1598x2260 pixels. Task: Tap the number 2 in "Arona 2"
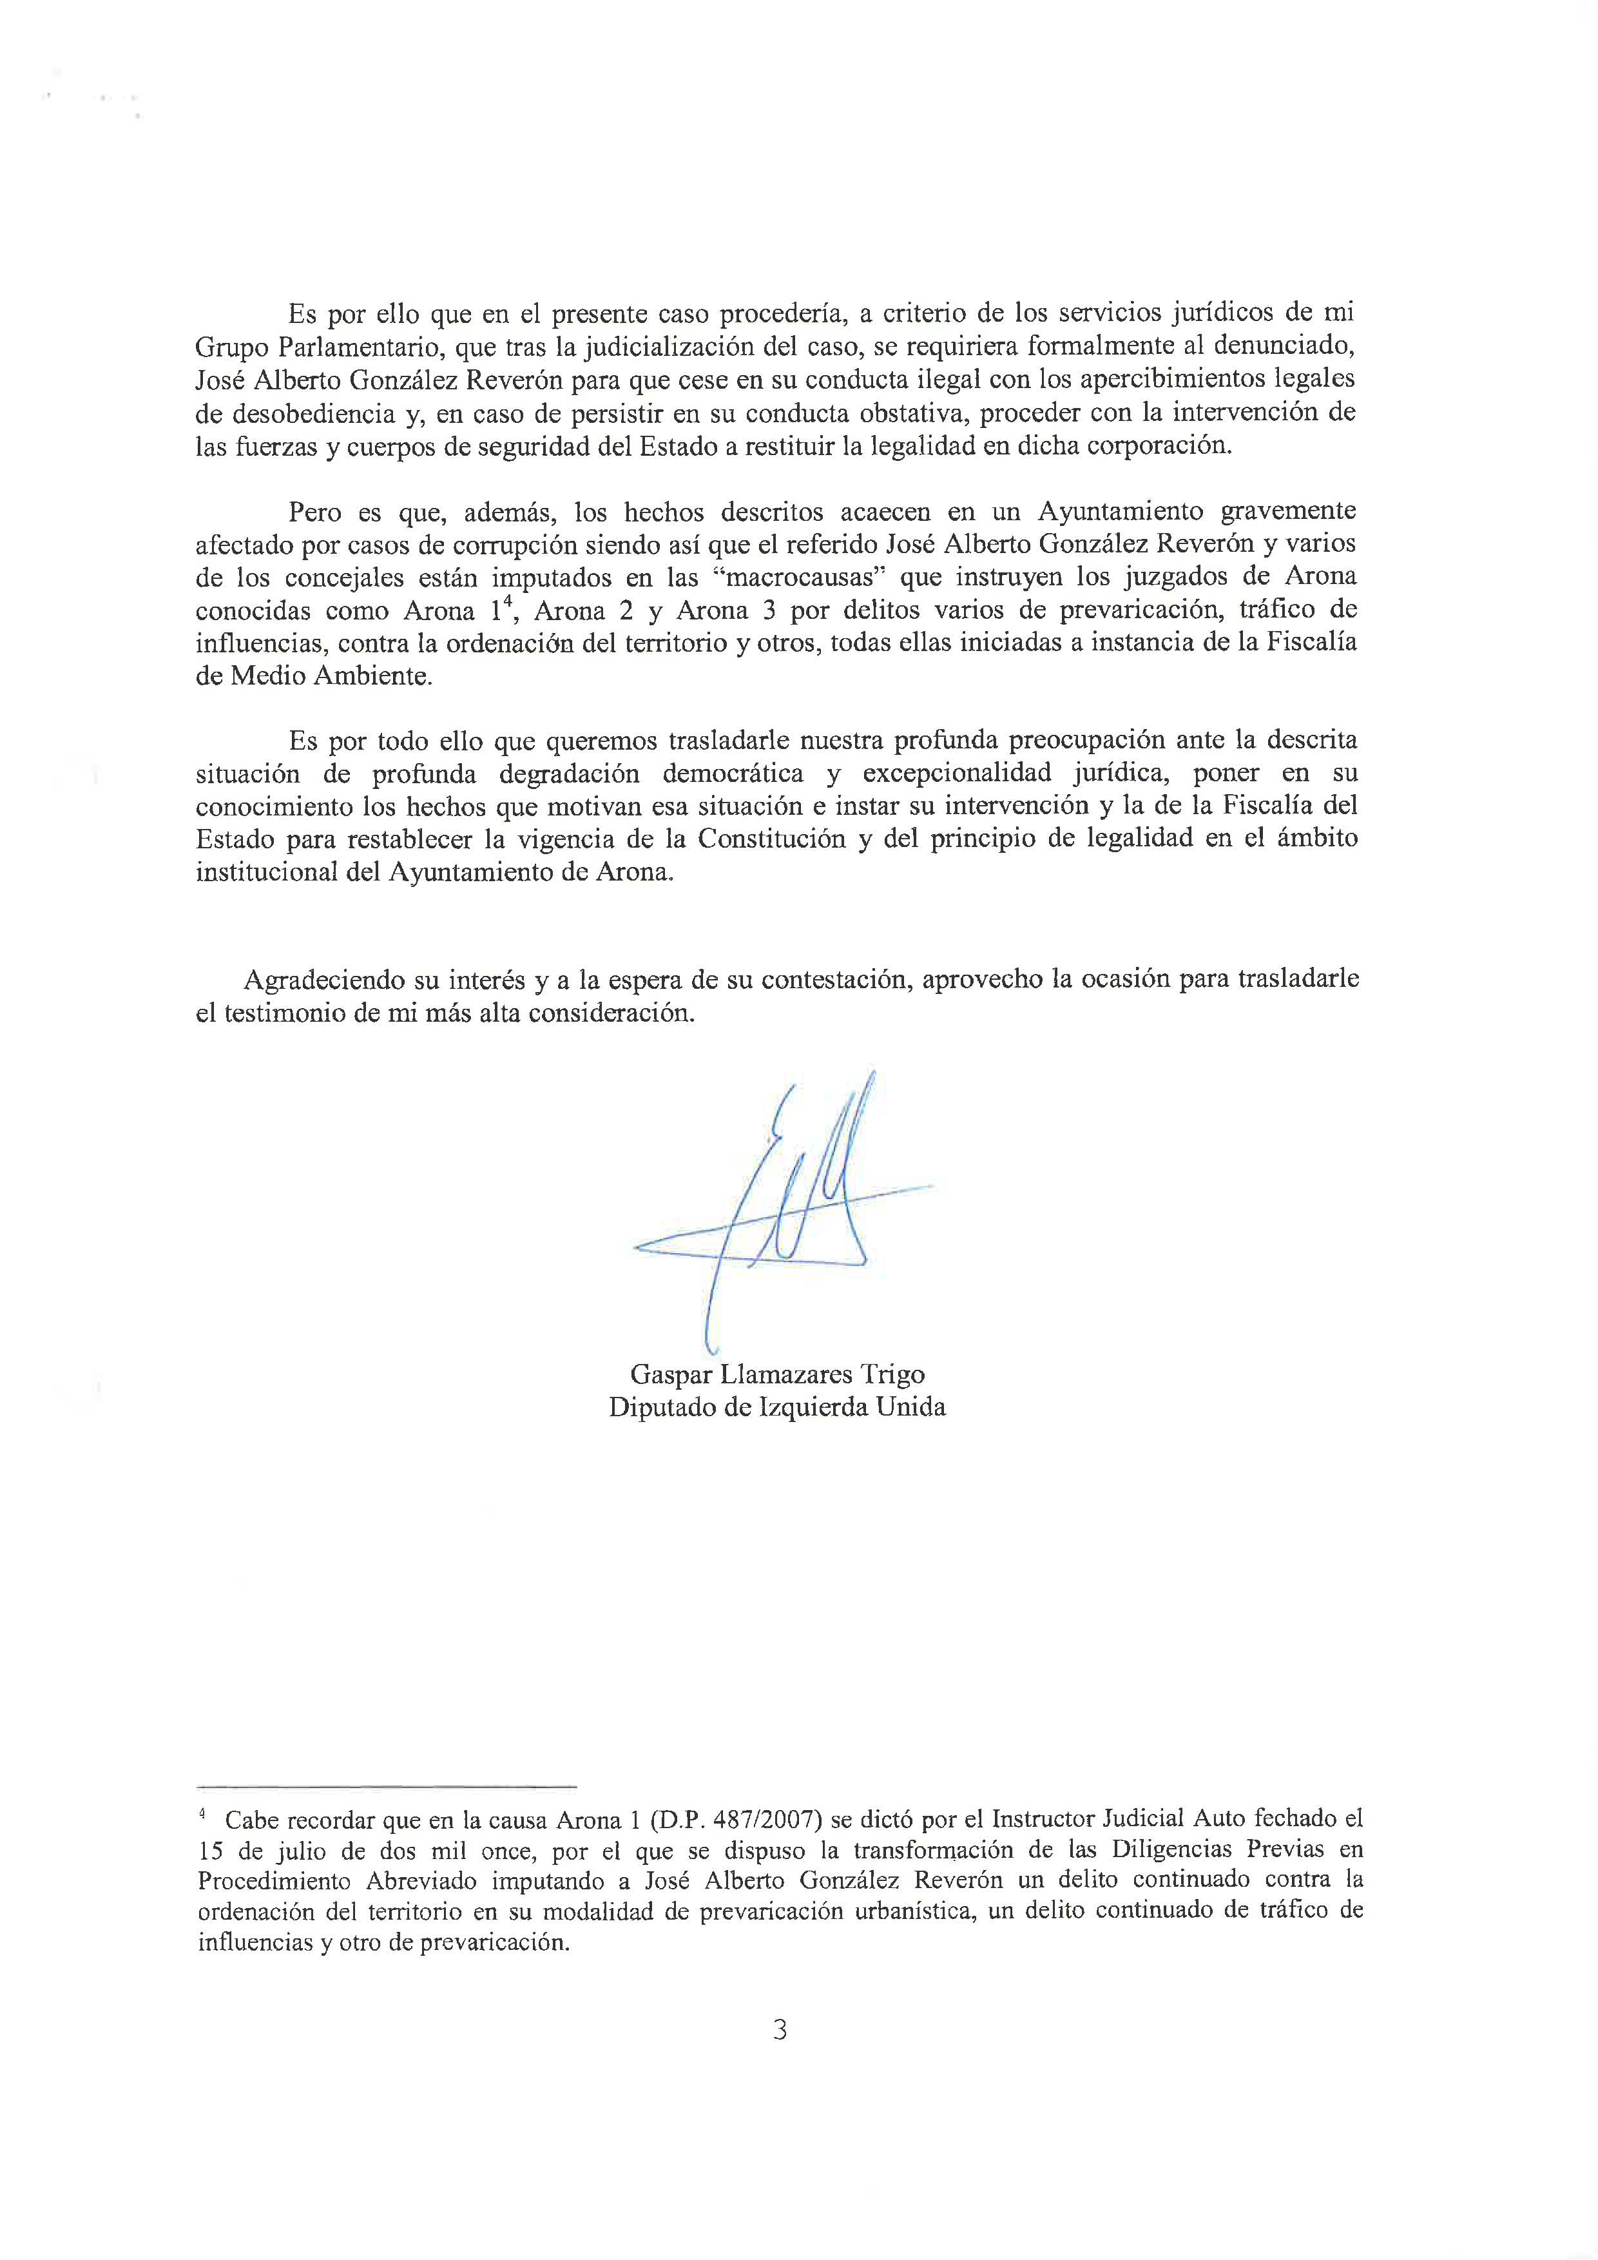pyautogui.click(x=626, y=610)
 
